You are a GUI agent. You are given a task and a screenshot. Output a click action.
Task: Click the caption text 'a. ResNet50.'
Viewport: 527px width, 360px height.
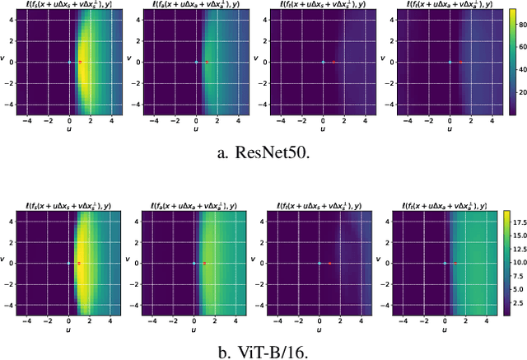click(263, 151)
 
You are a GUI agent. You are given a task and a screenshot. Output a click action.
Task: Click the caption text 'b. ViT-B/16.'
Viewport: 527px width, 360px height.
click(263, 353)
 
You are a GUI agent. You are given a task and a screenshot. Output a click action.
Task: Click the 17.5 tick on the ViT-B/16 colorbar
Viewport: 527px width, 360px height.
click(519, 223)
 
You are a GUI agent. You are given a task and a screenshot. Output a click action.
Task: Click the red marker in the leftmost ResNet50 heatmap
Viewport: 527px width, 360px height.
click(80, 62)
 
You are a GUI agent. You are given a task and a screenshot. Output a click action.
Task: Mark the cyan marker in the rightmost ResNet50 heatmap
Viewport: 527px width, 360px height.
click(450, 62)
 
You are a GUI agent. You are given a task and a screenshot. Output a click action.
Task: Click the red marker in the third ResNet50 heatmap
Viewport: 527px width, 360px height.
click(333, 62)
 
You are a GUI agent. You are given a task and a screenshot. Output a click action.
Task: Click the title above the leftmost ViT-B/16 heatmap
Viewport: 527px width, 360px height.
click(70, 203)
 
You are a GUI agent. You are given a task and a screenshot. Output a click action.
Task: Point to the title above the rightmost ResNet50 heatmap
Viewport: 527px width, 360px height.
click(450, 6)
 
